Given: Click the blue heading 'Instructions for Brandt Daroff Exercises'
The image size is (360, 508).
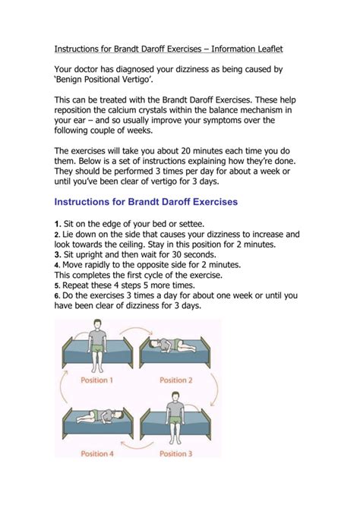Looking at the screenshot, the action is [146, 202].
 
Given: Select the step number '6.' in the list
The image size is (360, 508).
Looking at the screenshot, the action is [57, 295].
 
